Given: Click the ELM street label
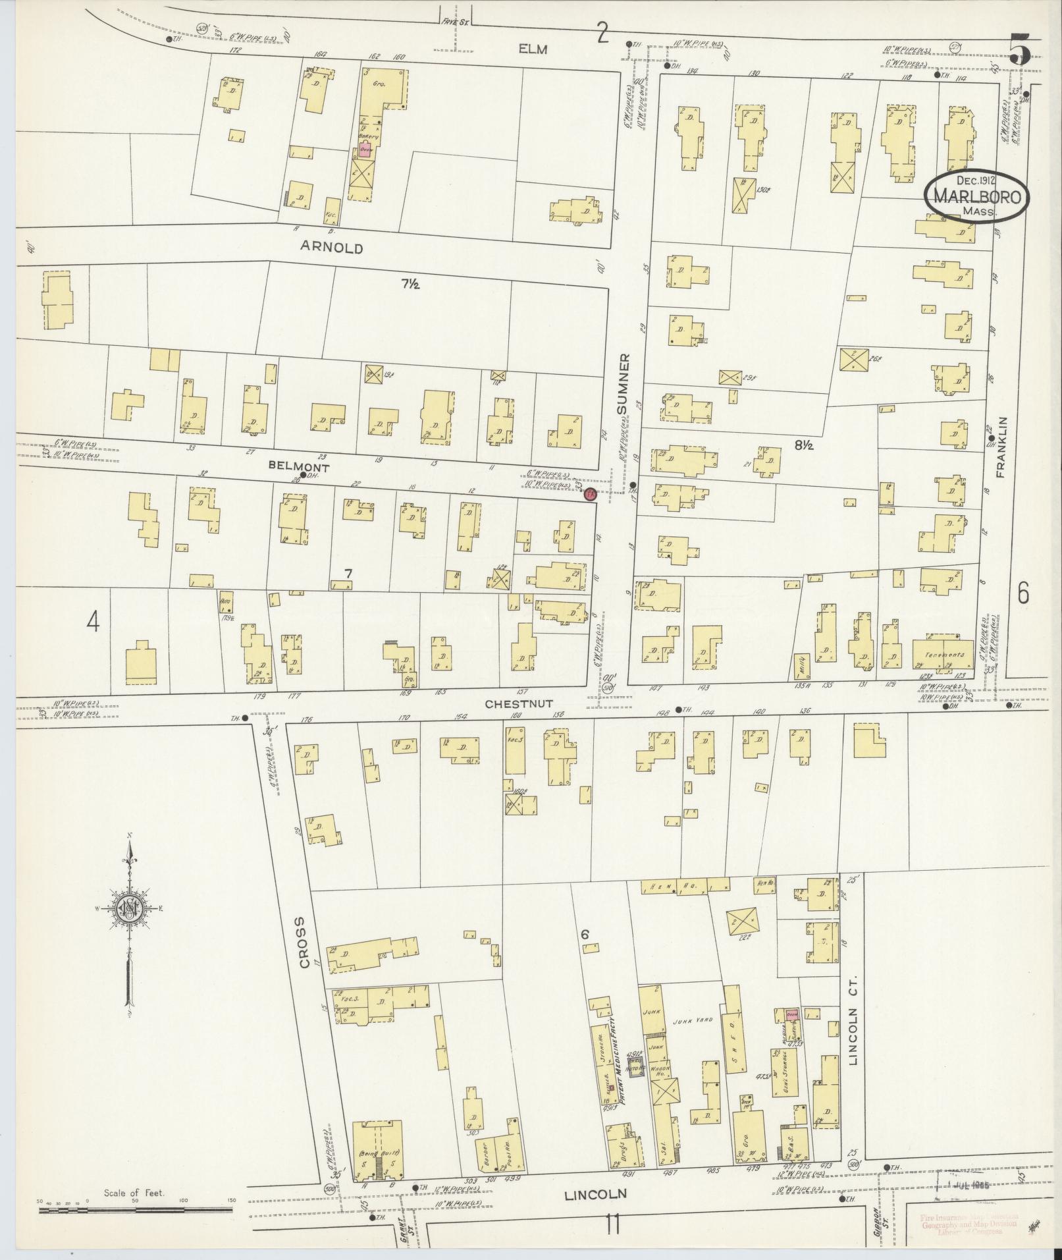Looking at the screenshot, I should click(x=533, y=49).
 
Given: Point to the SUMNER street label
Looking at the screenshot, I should click(x=624, y=384).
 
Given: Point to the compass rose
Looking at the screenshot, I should click(x=130, y=910).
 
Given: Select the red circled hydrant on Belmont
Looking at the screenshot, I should click(x=590, y=494).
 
